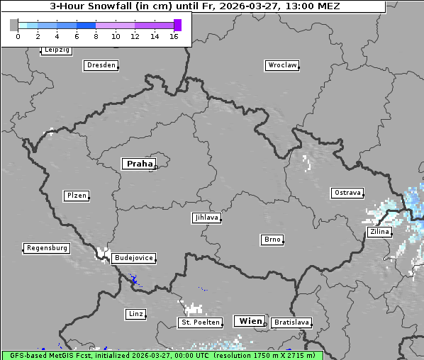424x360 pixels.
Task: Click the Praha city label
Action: click(x=139, y=164)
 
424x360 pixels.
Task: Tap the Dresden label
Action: click(x=101, y=65)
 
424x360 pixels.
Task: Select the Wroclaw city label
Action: click(x=282, y=65)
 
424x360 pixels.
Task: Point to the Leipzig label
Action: click(x=56, y=50)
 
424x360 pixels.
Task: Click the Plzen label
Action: click(x=76, y=196)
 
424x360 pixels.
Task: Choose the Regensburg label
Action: click(x=47, y=248)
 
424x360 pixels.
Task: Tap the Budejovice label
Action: click(x=133, y=258)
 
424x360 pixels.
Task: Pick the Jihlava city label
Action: click(x=206, y=218)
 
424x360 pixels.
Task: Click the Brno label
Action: click(x=272, y=240)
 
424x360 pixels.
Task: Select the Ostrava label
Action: click(x=347, y=193)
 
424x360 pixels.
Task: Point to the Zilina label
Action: click(x=379, y=232)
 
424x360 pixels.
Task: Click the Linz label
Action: click(x=135, y=313)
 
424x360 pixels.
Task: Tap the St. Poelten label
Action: click(x=199, y=322)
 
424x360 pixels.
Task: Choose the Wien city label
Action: click(x=250, y=321)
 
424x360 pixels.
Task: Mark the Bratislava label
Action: click(x=291, y=322)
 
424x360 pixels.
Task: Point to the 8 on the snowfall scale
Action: click(x=96, y=36)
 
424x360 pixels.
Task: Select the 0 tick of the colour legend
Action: click(x=18, y=36)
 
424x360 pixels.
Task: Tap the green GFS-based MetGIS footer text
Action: click(x=162, y=355)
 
